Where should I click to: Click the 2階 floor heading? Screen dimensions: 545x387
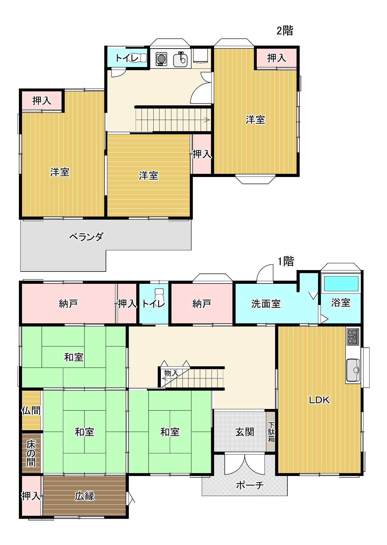[x=285, y=30]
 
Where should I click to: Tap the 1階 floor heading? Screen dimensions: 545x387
[x=286, y=261]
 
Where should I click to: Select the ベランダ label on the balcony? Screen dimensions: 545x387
[x=86, y=237]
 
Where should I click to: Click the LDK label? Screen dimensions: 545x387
[x=319, y=400]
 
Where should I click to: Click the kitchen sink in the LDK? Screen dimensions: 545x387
[x=353, y=370]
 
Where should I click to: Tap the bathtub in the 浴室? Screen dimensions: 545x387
[x=341, y=284]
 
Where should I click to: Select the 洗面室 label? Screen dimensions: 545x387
[x=266, y=304]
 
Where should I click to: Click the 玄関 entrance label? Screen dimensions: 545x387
[x=244, y=432]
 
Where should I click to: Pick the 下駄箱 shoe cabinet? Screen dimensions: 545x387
[x=271, y=432]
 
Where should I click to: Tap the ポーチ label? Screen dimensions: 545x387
[x=249, y=485]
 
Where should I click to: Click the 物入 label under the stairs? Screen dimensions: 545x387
[x=171, y=373]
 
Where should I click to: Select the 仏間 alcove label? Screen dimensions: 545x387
[x=31, y=411]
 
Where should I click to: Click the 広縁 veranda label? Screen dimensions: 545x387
[x=84, y=496]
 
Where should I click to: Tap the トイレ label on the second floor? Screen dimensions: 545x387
[x=127, y=58]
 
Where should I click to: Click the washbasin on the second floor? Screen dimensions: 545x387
[x=180, y=60]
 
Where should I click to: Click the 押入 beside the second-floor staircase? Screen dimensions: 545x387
[x=202, y=154]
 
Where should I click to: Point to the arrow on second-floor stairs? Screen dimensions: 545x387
[x=207, y=120]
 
